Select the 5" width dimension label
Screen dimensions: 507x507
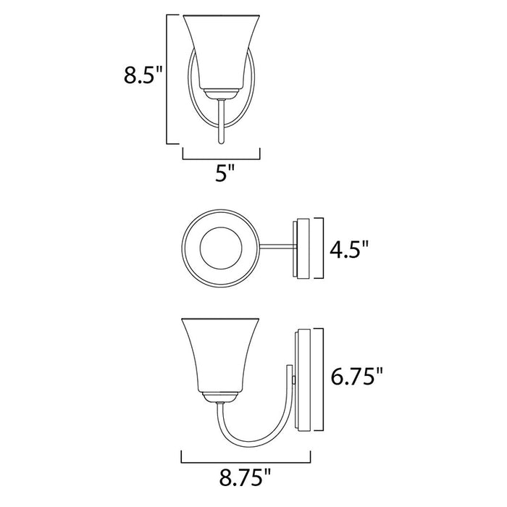point(225,175)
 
